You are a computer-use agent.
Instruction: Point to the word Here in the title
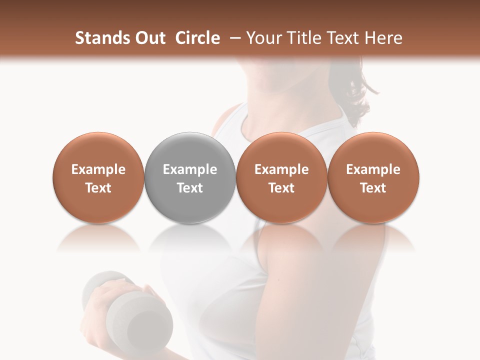[x=384, y=38]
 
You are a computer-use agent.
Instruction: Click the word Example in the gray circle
[x=190, y=170]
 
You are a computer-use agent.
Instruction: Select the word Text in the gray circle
[x=190, y=188]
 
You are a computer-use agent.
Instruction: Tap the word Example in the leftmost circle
[x=98, y=170]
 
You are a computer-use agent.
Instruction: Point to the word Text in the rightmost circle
[x=373, y=188]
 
